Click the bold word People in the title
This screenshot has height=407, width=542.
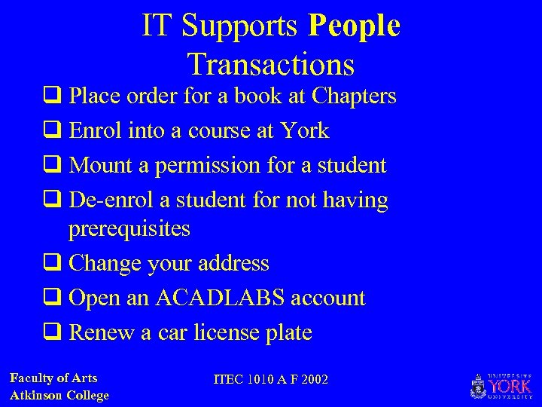[x=354, y=27]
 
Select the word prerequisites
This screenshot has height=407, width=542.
[x=129, y=228]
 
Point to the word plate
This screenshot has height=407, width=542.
[x=289, y=332]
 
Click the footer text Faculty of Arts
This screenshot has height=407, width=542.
[x=53, y=378]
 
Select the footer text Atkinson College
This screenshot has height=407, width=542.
[x=59, y=395]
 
